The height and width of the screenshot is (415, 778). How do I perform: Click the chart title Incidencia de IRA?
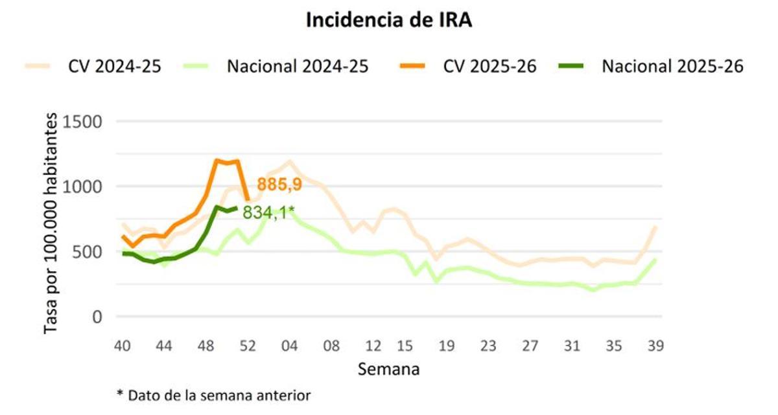(389, 20)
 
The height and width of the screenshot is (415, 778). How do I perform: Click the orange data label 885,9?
(279, 185)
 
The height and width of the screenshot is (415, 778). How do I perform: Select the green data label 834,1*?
(269, 212)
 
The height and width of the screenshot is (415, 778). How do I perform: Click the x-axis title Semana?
(389, 370)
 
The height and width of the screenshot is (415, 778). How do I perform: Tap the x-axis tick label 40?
(122, 346)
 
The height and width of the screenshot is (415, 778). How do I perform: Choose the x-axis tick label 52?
(248, 346)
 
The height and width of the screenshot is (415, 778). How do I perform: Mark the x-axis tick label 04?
(289, 346)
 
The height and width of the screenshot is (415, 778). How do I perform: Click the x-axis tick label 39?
(655, 346)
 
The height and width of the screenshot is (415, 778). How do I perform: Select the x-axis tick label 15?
(405, 346)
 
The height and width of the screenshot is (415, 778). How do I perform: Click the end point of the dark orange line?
(247, 200)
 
